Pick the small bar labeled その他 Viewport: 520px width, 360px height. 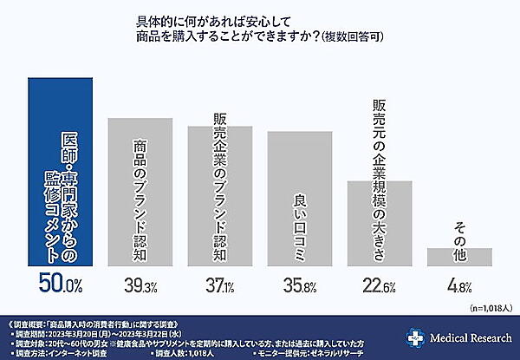click(x=459, y=257)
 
